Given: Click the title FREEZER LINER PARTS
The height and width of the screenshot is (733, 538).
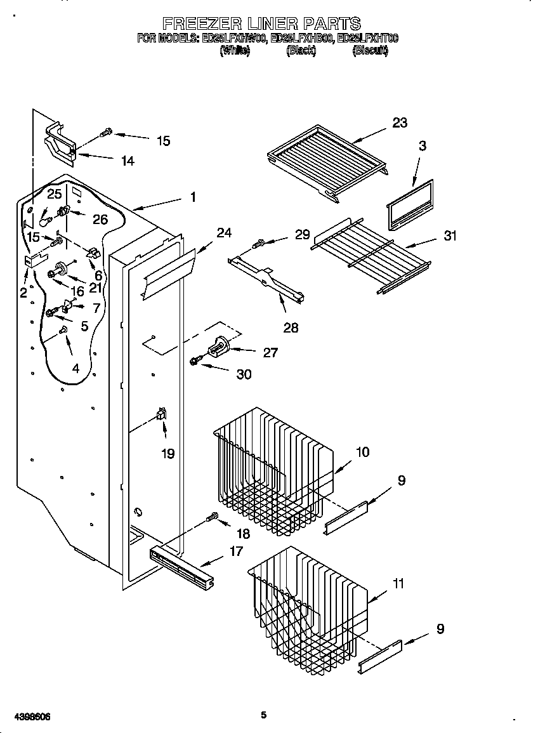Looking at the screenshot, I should (x=261, y=23).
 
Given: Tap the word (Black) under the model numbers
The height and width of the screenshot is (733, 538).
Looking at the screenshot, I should (x=301, y=51).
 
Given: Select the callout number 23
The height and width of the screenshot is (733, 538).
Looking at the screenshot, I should (x=399, y=122).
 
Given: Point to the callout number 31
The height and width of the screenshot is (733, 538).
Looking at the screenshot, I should (x=450, y=236).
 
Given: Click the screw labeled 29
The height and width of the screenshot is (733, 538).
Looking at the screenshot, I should (x=259, y=242).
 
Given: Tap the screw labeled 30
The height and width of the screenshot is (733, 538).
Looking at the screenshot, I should (x=194, y=361).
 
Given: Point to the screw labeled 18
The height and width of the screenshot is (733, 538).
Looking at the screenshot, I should (x=212, y=519).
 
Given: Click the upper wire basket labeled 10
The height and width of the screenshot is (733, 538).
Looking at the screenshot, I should (x=273, y=470).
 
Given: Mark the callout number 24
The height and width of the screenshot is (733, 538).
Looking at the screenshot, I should (x=224, y=232).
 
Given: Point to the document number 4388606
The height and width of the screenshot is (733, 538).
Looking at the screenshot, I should (x=27, y=716).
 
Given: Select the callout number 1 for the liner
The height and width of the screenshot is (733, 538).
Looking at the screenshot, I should (x=193, y=197).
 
